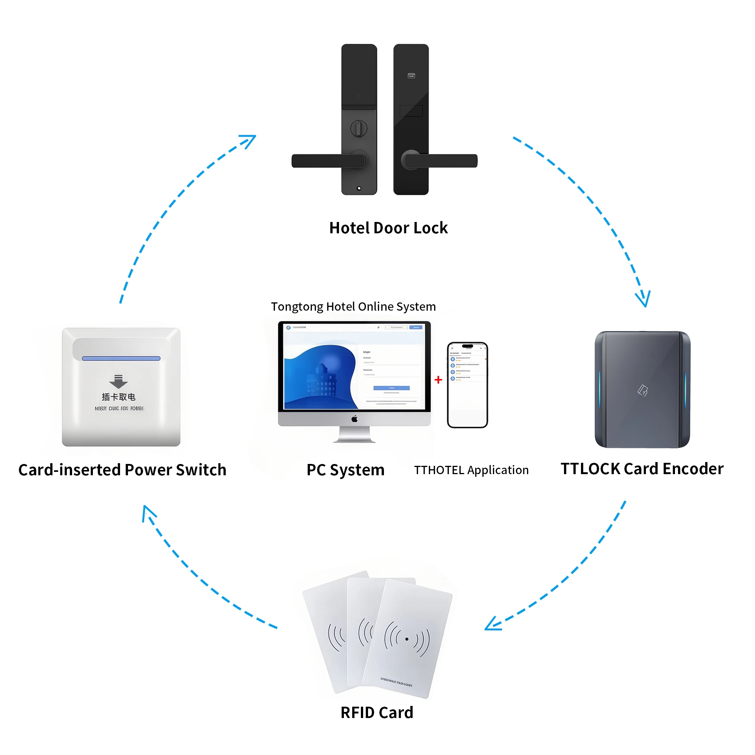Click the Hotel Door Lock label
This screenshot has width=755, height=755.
coord(388,228)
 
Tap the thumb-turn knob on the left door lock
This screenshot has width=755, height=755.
coord(358,128)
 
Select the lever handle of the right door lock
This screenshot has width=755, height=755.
coord(441,160)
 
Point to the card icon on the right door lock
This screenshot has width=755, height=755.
coord(411,75)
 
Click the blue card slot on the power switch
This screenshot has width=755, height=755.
coord(121,358)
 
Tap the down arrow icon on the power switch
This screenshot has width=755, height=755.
coord(119,381)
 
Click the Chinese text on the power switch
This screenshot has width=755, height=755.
coord(119,397)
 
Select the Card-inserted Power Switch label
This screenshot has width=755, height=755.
coord(122,470)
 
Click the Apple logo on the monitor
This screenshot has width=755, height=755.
coord(354,419)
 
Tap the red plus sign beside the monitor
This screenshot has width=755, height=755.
coord(438,379)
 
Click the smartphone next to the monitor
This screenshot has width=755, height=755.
coord(467,385)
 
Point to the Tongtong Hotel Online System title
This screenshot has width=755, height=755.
coord(353,307)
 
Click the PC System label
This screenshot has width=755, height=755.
coord(345,470)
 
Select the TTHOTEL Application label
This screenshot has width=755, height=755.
coord(471,470)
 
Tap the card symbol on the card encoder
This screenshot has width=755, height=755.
coord(643,390)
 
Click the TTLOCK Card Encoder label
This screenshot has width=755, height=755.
coord(642,468)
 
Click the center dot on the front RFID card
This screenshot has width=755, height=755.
coord(407,639)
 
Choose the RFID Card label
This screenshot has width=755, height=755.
coord(377,712)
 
